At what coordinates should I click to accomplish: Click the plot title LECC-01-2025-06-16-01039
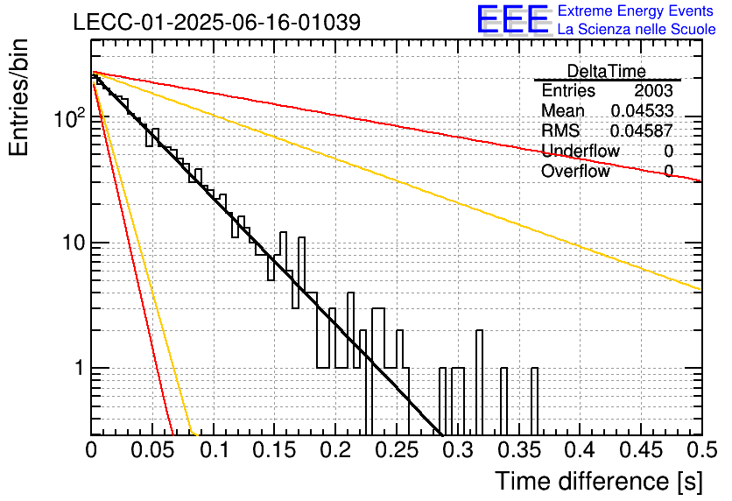(217, 22)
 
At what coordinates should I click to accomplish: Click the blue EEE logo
(513, 19)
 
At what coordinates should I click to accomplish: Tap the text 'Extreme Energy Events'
(636, 11)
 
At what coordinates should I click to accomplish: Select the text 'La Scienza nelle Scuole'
(637, 29)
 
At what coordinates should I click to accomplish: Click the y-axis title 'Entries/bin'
(18, 97)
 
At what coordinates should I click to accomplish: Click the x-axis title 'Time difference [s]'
(599, 481)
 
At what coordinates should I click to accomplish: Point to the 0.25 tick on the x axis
(397, 450)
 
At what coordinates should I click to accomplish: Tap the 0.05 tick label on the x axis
(152, 450)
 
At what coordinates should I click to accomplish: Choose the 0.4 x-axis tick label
(580, 450)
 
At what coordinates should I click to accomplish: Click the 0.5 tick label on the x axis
(702, 450)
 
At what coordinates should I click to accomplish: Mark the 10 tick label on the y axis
(74, 243)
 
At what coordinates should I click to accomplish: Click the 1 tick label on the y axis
(79, 368)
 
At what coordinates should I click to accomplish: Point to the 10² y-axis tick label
(69, 117)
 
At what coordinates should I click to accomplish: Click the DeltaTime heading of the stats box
(606, 71)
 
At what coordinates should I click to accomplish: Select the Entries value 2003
(653, 90)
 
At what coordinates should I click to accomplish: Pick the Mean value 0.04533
(642, 110)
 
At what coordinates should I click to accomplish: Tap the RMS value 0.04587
(642, 131)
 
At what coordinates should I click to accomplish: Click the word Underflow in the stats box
(581, 151)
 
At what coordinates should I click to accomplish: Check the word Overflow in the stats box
(575, 171)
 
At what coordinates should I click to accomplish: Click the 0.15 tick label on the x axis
(275, 450)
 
